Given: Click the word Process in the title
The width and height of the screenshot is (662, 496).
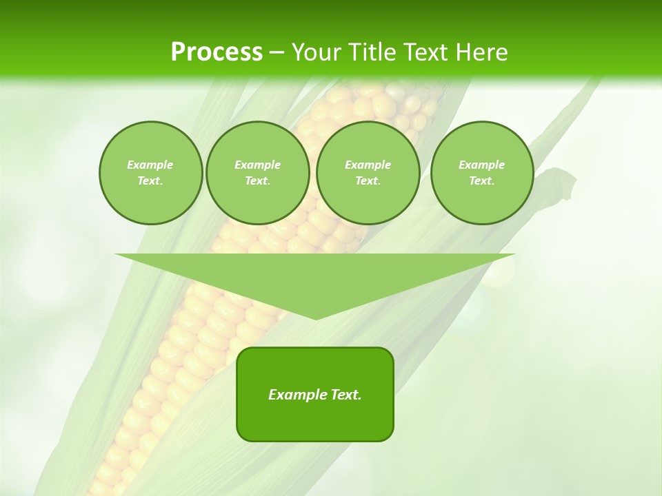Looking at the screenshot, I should pos(217,52).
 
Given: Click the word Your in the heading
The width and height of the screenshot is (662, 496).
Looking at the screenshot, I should pos(317,52).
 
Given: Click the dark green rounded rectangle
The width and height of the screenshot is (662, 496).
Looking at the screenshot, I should pos(315,420).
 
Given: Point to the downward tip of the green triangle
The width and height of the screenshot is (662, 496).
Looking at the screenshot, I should pos(315,318).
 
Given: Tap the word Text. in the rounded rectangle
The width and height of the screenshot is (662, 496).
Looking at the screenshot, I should pos(345,395).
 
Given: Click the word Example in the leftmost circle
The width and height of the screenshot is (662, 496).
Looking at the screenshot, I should pos(150,165).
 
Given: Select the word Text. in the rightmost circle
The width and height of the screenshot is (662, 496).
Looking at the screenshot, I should pos(481,181).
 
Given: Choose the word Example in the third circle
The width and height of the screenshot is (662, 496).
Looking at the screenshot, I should pos(368,165).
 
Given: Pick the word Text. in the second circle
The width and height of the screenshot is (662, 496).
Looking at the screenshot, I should pos(257,181).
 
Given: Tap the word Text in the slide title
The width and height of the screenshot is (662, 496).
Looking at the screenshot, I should pos(425,52).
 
